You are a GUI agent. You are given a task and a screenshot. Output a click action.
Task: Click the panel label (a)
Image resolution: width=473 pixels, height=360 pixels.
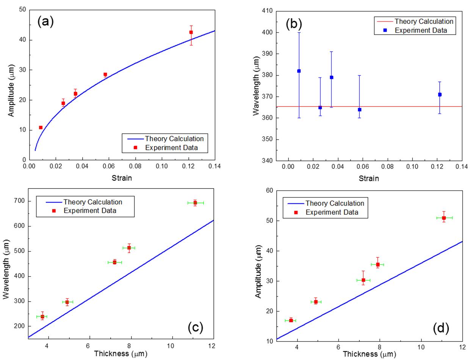45,22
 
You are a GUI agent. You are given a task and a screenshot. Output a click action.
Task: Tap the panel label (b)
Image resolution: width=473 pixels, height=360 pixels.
293,24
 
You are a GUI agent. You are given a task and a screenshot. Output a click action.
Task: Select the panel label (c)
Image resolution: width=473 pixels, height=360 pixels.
196,327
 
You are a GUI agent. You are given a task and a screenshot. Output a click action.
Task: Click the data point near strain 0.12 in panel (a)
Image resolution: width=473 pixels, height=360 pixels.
191,32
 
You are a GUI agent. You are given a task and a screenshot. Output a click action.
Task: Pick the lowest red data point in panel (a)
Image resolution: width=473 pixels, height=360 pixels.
41,127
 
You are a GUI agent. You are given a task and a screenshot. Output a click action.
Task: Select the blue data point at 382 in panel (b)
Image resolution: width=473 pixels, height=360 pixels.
299,71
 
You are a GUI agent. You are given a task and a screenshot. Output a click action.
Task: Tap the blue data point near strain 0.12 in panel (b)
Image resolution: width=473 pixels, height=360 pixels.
440,94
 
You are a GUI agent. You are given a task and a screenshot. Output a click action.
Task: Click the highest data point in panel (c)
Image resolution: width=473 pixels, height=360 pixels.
195,203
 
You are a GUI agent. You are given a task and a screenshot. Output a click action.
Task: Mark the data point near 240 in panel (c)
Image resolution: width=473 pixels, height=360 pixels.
42,316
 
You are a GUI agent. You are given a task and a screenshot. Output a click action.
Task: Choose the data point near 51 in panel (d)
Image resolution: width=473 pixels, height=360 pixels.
444,218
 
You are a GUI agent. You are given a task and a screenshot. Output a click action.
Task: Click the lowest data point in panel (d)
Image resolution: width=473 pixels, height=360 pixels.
291,320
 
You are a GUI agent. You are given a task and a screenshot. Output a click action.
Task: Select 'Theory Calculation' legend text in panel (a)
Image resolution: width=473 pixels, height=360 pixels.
174,139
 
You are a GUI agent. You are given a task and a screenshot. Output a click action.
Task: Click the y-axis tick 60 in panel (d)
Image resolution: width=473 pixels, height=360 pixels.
269,190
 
